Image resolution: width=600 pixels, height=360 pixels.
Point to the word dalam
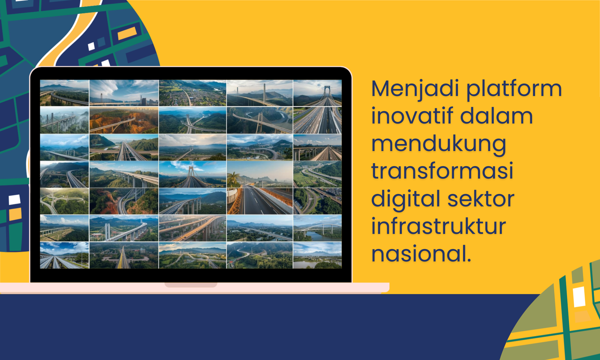pyautogui.click(x=496, y=116)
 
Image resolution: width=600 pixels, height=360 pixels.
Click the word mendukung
pyautogui.click(x=439, y=145)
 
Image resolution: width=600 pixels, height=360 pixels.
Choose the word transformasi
pyautogui.click(x=442, y=171)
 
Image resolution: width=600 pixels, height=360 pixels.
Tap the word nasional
pyautogui.click(x=421, y=253)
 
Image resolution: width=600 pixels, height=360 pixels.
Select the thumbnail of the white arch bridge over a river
pyautogui.click(x=317, y=228)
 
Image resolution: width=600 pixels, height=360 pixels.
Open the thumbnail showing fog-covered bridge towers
pyautogui.click(x=64, y=120)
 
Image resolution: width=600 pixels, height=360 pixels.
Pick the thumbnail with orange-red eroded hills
pyautogui.click(x=124, y=120)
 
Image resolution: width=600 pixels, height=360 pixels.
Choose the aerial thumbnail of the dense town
pyautogui.click(x=192, y=93)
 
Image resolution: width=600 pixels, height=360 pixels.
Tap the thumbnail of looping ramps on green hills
pyautogui.click(x=64, y=201)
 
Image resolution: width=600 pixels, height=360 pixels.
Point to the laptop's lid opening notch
pyautogui.click(x=191, y=285)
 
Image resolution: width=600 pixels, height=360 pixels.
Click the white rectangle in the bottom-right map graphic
pyautogui.click(x=579, y=297)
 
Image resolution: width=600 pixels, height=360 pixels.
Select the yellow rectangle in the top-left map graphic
pyautogui.click(x=127, y=33)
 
